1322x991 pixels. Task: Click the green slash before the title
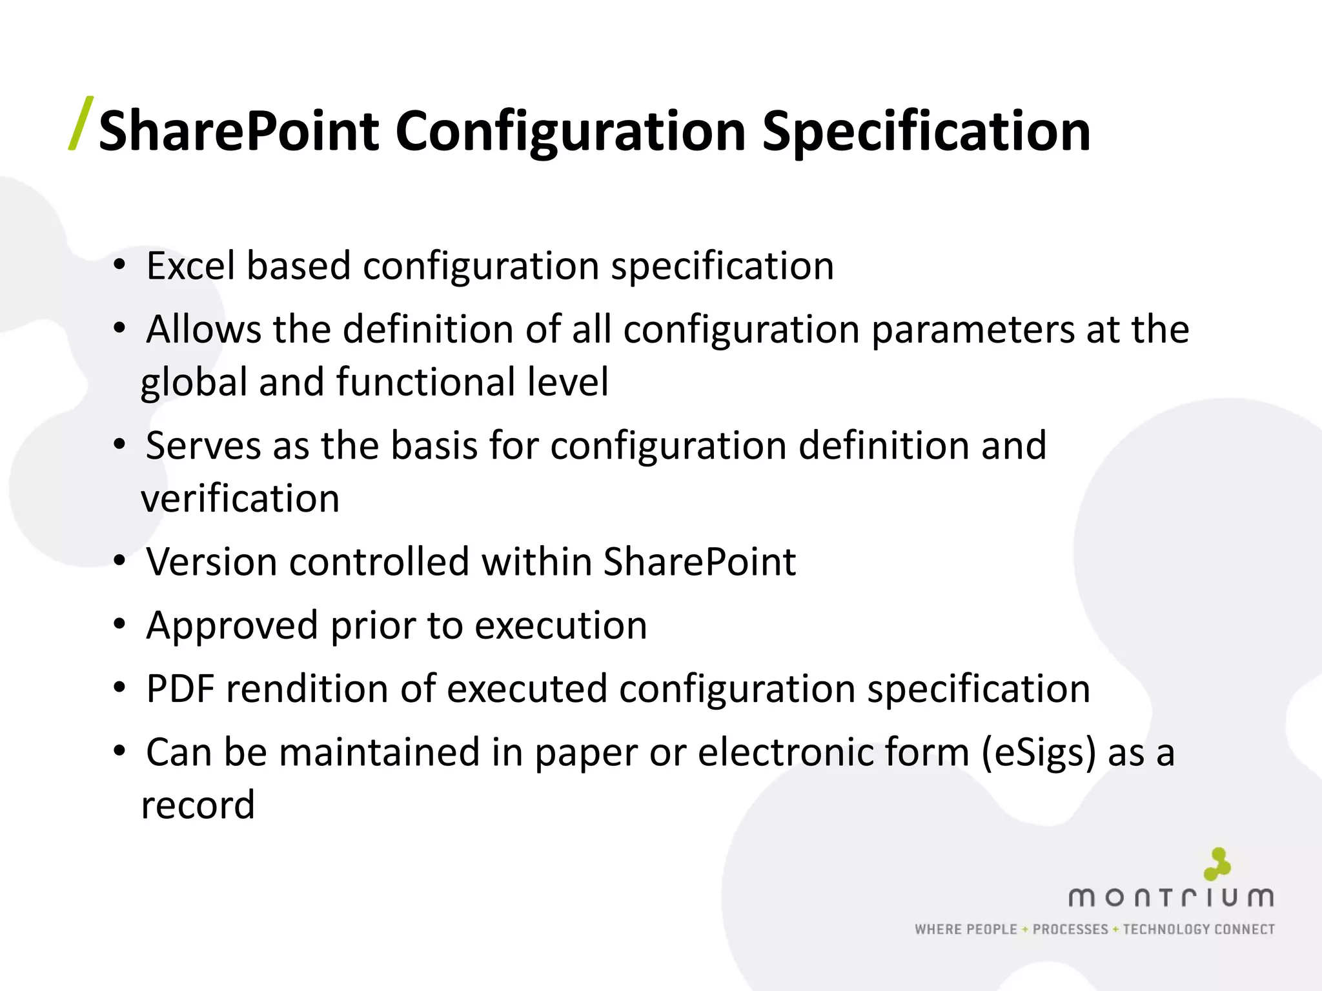pos(81,124)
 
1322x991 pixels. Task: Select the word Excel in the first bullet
pos(191,266)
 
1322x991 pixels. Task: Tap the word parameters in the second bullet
pos(973,330)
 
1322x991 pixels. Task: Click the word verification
pos(240,499)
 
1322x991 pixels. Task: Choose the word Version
pos(211,561)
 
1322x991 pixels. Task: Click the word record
pos(198,805)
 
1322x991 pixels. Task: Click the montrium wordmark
pos(1171,897)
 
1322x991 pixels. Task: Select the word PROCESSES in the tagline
pos(1070,930)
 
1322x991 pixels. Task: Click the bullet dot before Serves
pos(119,445)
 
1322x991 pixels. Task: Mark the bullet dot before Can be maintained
pos(119,752)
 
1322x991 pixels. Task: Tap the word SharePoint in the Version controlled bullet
pos(699,561)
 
